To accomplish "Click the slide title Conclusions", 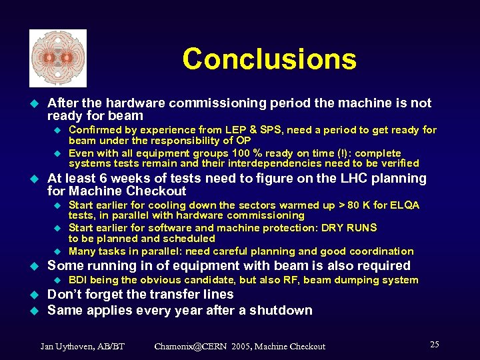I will [269, 59].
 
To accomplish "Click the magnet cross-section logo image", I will [58, 59].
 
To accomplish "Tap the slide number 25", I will [434, 345].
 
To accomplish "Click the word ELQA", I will [405, 205].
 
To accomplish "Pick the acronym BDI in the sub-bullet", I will [79, 280].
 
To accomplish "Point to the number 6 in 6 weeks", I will [105, 179].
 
